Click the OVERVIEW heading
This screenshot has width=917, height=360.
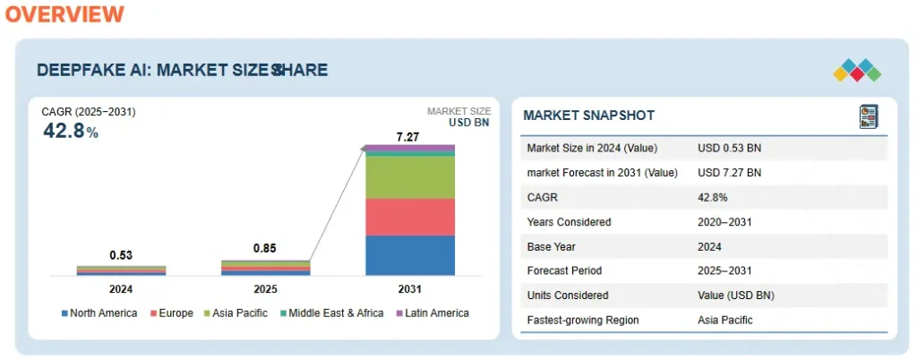click(x=62, y=14)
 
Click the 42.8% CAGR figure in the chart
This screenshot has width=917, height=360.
click(x=71, y=131)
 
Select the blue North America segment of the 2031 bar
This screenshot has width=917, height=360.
click(x=410, y=255)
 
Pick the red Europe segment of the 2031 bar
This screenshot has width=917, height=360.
click(x=410, y=217)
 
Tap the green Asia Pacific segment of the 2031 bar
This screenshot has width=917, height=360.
click(x=410, y=177)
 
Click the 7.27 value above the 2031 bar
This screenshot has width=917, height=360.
click(x=408, y=137)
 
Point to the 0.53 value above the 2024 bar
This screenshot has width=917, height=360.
click(x=122, y=256)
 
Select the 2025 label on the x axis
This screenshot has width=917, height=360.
click(x=266, y=289)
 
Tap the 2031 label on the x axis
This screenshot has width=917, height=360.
click(x=408, y=289)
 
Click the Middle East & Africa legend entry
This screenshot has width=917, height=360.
click(x=332, y=313)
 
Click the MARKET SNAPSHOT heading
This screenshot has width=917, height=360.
click(x=588, y=116)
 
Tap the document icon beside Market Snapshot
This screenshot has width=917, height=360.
click(x=868, y=116)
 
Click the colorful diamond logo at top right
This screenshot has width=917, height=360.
click(x=856, y=70)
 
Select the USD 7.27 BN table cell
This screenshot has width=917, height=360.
click(x=729, y=173)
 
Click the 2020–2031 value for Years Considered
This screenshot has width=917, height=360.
click(x=726, y=222)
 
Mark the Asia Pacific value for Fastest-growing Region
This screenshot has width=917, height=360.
click(x=724, y=320)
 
